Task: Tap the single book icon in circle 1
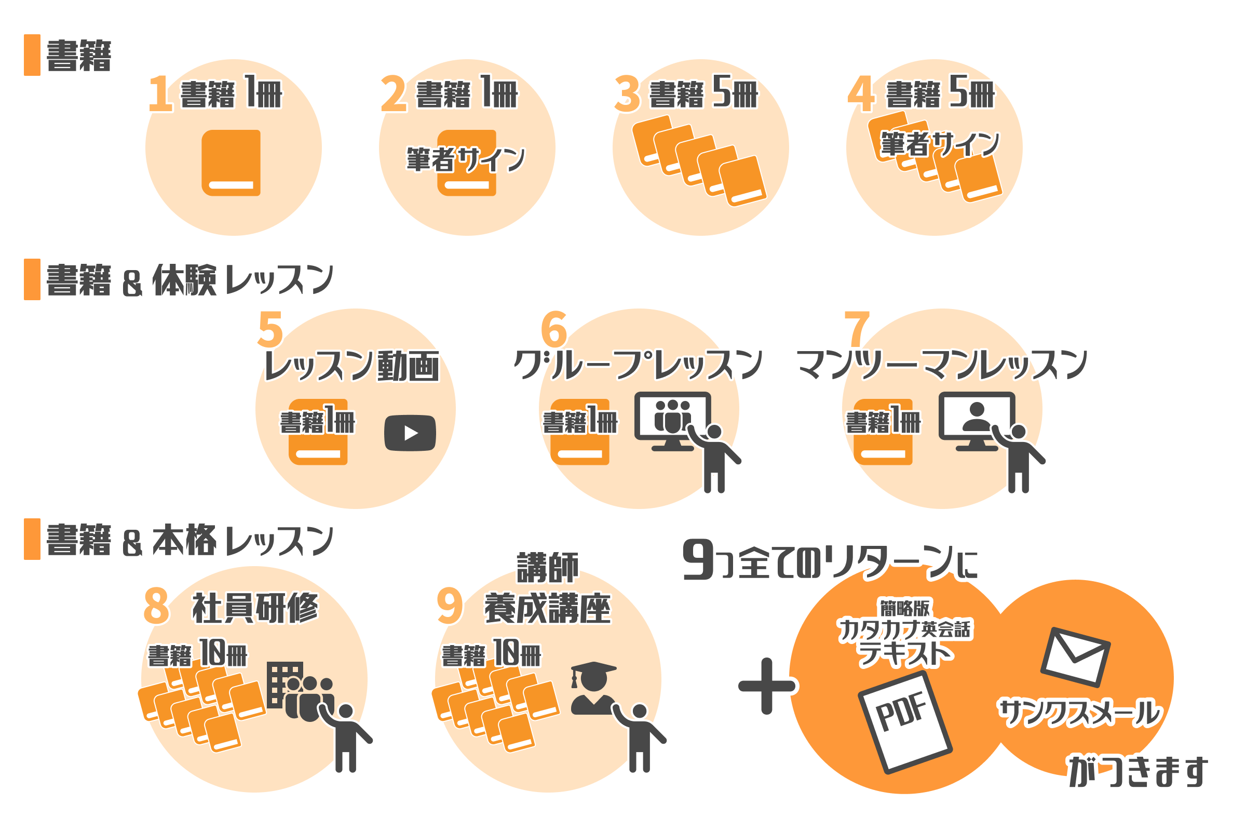click(x=231, y=163)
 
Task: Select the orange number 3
click(x=627, y=94)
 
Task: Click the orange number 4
click(x=861, y=94)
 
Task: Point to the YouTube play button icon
click(x=410, y=433)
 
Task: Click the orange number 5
click(x=270, y=329)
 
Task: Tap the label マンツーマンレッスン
click(x=942, y=365)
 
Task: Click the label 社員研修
click(x=255, y=608)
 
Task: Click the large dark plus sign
click(x=767, y=686)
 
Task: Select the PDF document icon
click(x=905, y=722)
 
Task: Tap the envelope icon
click(x=1075, y=657)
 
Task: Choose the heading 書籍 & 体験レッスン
click(x=189, y=280)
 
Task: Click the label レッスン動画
click(x=351, y=366)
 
